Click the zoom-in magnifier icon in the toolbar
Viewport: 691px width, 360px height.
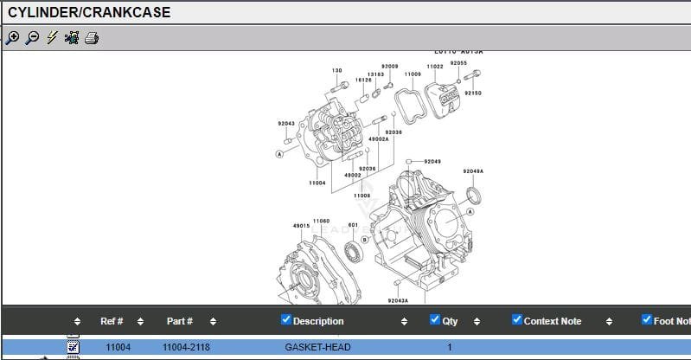(x=12, y=37)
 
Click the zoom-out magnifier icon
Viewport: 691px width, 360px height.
(x=32, y=37)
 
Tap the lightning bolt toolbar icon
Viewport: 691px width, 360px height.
(x=52, y=37)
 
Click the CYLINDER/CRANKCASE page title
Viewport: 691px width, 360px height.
(x=89, y=12)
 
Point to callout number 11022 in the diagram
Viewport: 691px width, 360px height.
(x=435, y=67)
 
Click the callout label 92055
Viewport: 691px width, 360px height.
(x=458, y=63)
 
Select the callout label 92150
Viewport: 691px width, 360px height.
(x=473, y=93)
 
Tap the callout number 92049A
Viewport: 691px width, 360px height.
(x=473, y=171)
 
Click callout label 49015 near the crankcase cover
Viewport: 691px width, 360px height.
(x=301, y=226)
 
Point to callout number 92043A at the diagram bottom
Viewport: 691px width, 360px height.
(x=398, y=300)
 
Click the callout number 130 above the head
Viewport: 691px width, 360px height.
(x=336, y=71)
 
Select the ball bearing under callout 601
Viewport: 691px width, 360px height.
(x=353, y=252)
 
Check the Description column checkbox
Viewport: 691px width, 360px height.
(x=286, y=320)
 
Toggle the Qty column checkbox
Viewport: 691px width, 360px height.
(x=435, y=320)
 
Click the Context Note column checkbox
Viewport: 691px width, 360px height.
(x=517, y=320)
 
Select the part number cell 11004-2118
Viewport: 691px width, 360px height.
(x=188, y=347)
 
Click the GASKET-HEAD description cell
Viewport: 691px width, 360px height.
(x=317, y=347)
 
